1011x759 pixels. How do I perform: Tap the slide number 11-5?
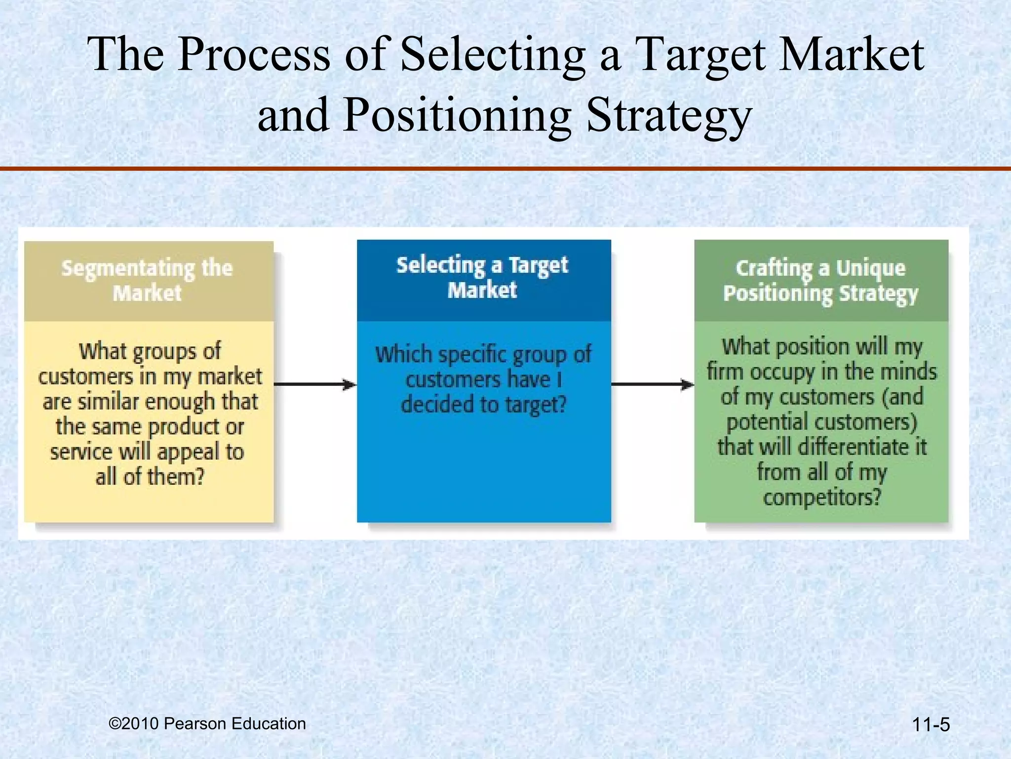point(931,725)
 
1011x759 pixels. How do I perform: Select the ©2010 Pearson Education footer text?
point(207,723)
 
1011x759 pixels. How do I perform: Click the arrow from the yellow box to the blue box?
point(315,384)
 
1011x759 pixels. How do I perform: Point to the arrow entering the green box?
point(653,384)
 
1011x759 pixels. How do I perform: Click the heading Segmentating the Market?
point(147,280)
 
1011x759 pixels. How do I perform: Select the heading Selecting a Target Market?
point(483,277)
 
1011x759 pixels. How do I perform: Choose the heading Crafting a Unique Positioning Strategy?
point(820,280)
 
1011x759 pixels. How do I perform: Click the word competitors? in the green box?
point(822,497)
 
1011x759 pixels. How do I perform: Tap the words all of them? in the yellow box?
point(150,477)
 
